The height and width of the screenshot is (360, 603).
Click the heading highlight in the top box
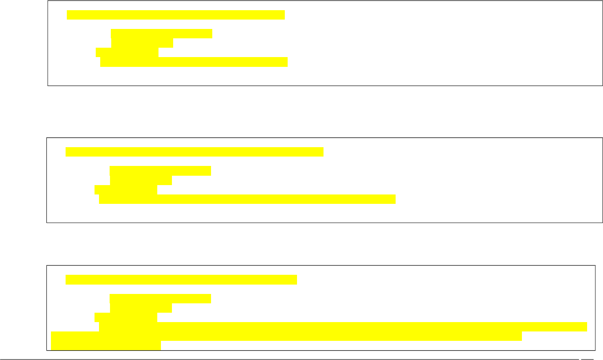pos(176,15)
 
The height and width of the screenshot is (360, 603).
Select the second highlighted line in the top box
pos(161,33)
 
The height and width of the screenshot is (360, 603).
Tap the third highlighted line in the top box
pos(142,43)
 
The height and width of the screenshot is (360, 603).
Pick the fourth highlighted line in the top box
pos(127,52)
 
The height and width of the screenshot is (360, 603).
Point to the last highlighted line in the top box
pos(194,62)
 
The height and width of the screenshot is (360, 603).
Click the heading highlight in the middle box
pos(194,152)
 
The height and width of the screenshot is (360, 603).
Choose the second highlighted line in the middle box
pos(160,171)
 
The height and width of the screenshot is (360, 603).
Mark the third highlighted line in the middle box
pos(141,180)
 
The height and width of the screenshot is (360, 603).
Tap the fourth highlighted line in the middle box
pos(126,190)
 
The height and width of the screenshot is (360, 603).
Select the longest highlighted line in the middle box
pos(247,199)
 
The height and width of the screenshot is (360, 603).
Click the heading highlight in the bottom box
pos(181,280)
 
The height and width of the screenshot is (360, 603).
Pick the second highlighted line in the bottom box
pos(160,298)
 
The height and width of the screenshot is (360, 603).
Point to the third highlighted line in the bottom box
pos(141,308)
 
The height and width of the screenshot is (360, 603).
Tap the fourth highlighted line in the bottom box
pos(126,317)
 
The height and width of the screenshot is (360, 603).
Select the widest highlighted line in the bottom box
pos(343,327)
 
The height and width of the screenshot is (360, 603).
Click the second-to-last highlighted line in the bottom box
pos(286,336)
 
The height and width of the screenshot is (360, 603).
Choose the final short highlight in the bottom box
pos(106,345)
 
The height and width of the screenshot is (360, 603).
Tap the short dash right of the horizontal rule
pos(587,359)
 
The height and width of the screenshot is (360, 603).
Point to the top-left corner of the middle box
pos(47,138)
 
